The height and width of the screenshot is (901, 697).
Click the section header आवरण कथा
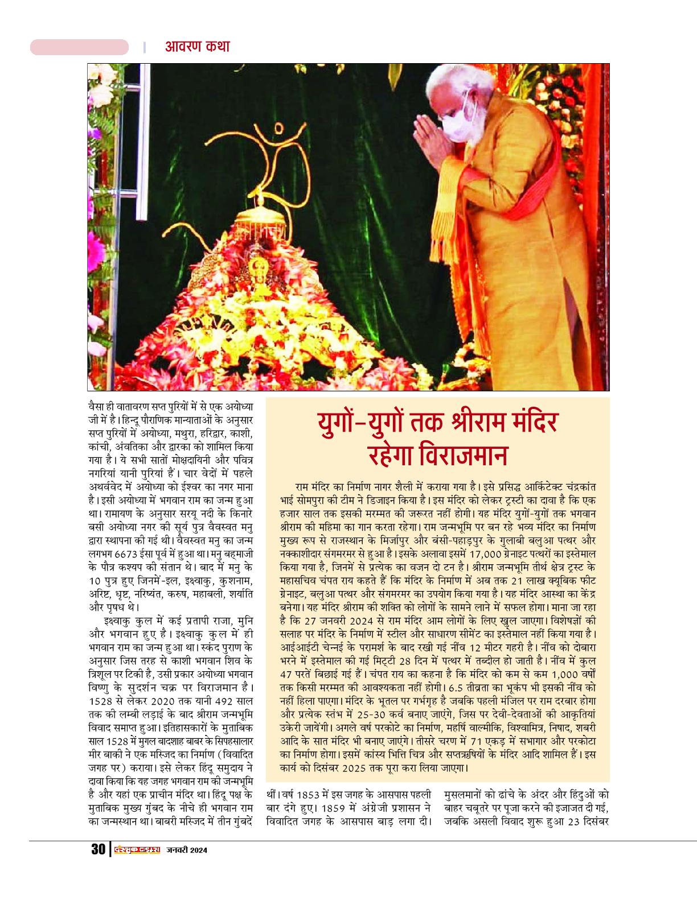197,47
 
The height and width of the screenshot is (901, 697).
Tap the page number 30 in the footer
97,850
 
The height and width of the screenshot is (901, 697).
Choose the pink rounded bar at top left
79,47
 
